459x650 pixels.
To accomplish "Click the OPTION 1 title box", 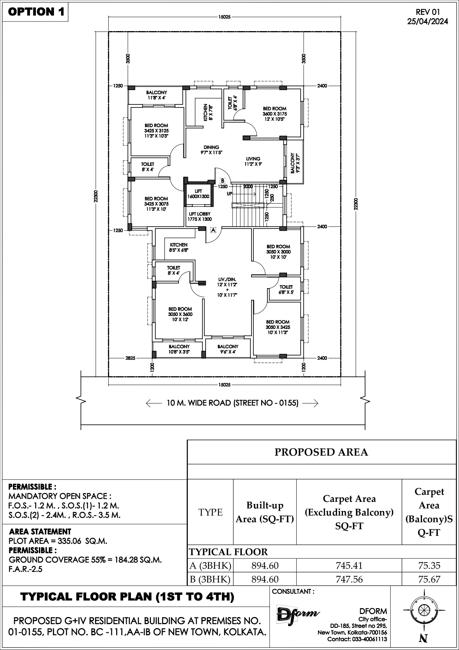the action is (36, 11).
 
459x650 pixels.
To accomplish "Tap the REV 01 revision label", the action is (428, 12).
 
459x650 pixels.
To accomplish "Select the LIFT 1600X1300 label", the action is (198, 194).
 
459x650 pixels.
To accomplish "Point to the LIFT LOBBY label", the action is (200, 216).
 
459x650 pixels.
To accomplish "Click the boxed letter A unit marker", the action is (213, 230).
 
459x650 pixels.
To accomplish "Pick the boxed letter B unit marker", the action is (222, 181).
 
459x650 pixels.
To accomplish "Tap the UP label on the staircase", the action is (230, 194).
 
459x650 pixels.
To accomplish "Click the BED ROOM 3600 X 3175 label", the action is (274, 114).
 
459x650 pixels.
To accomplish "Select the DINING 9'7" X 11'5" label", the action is (211, 150).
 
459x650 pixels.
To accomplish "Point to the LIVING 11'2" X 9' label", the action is (253, 161).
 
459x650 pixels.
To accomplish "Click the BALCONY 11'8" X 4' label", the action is (156, 95).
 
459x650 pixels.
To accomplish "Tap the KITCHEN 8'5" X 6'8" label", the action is (179, 247).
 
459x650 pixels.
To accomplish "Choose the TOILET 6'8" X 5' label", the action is (286, 289).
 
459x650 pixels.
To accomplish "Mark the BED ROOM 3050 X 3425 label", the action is (278, 327).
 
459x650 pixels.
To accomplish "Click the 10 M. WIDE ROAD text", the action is (233, 403).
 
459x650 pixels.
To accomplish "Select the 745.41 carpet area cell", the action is (349, 566).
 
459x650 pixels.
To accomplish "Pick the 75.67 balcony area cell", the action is (429, 579).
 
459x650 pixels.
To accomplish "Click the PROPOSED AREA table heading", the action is (321, 452).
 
